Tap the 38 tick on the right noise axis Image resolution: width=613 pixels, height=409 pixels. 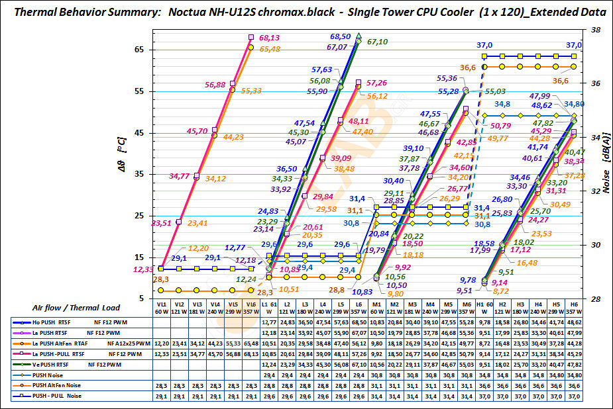click(x=595, y=30)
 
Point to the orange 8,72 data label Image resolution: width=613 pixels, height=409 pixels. click(x=486, y=291)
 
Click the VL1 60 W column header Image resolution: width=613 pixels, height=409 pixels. click(x=161, y=307)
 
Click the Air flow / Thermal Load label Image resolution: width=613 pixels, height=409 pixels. click(x=74, y=307)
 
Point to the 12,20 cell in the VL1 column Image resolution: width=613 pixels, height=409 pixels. click(x=161, y=343)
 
